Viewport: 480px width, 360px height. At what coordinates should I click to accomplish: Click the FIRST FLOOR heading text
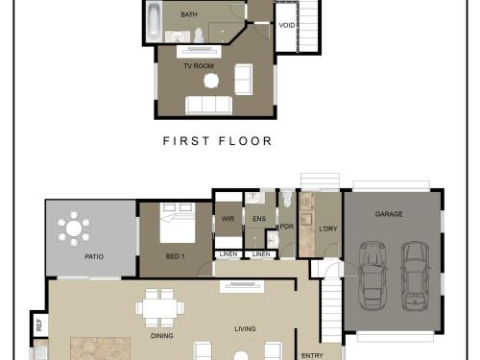(218, 141)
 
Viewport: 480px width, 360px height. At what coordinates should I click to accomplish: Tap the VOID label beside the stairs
(287, 25)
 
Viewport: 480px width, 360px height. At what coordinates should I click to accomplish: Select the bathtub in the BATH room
(155, 22)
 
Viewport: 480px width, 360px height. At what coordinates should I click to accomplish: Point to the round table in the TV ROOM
(211, 81)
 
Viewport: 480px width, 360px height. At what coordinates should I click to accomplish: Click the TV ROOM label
(199, 66)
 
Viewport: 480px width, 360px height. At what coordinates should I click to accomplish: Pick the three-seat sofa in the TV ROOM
(208, 105)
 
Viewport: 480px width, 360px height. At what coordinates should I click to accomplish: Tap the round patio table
(74, 228)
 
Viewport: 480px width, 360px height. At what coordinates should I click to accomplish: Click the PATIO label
(94, 256)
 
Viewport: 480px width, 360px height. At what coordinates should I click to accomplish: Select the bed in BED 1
(178, 223)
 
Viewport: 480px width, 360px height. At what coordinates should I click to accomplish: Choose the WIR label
(228, 219)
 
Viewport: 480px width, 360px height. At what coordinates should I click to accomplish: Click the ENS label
(259, 219)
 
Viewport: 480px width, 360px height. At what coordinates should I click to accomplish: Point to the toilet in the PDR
(287, 199)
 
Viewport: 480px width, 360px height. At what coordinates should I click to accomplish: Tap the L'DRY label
(328, 228)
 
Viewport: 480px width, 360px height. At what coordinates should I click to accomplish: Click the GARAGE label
(389, 214)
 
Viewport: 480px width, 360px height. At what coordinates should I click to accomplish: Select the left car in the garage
(372, 276)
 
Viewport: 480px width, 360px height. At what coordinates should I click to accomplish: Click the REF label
(39, 324)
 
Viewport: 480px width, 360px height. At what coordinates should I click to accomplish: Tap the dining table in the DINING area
(160, 308)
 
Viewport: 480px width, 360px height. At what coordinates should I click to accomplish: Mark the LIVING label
(245, 329)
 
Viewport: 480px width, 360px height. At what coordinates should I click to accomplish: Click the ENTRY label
(312, 356)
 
